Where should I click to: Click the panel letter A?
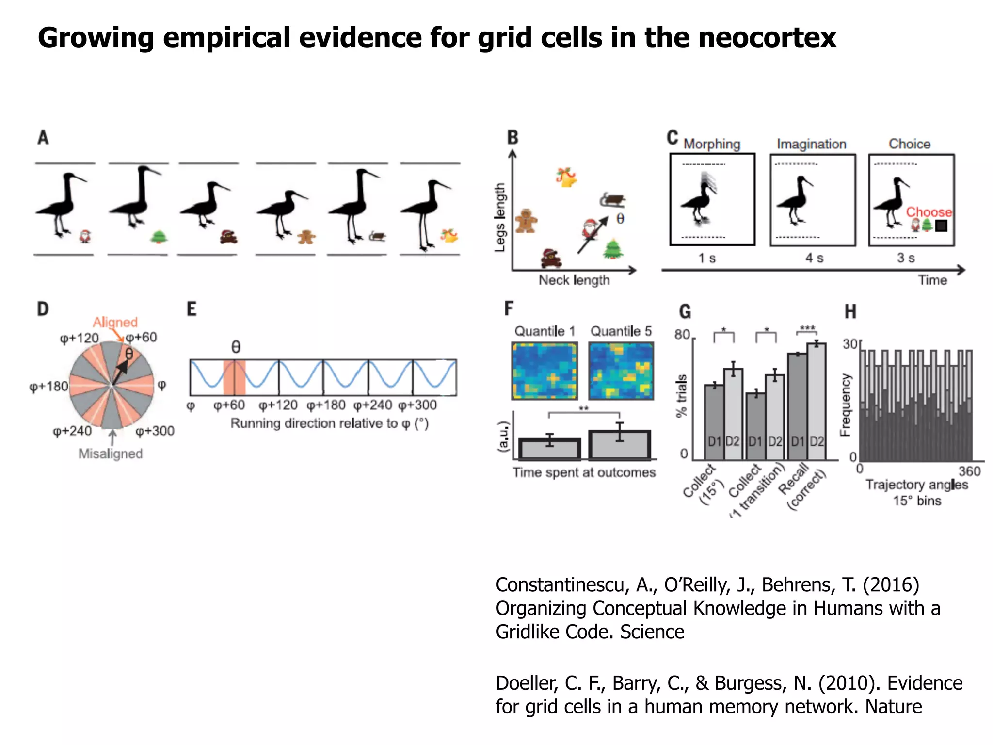43,138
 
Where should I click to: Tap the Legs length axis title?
499,217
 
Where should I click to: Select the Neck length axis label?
574,280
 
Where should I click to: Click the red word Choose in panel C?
929,212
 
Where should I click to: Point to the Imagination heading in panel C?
811,144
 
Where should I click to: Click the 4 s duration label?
814,258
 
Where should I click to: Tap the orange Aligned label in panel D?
115,322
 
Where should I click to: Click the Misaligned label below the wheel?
111,454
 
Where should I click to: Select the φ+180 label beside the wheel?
48,387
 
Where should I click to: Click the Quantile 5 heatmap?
621,371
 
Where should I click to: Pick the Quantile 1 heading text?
545,331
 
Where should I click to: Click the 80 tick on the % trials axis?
682,335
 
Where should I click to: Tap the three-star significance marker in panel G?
807,328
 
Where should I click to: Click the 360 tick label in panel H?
969,471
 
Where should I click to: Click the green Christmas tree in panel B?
613,249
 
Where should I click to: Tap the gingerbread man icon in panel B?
526,221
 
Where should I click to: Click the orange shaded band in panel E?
234,377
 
